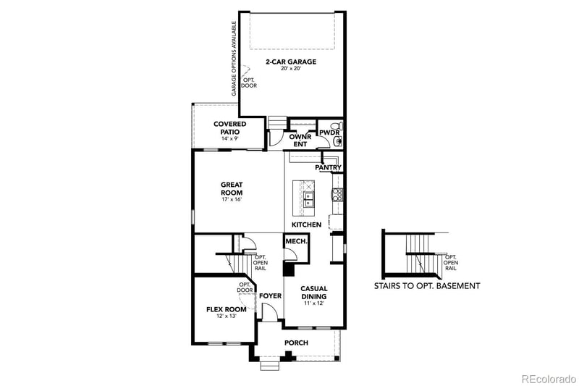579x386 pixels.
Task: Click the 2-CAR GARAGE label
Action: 291,62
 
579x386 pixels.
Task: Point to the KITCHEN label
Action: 306,225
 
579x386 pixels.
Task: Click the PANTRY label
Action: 328,168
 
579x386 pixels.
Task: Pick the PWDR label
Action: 329,133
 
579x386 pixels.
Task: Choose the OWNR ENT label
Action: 300,140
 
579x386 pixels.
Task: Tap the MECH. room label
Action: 294,241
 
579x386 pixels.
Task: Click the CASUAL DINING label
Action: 314,292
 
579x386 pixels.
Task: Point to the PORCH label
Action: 296,343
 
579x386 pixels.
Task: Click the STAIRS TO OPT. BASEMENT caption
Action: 426,286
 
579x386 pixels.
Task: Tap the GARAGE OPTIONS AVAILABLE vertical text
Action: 234,58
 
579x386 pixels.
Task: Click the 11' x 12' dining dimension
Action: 314,304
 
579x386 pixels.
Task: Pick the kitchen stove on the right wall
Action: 337,193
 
